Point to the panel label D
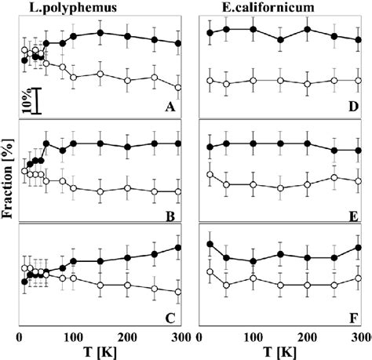[x=353, y=107]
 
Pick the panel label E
[x=353, y=212]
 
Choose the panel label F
[x=353, y=317]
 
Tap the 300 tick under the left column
[x=179, y=337]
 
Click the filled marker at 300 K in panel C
[x=180, y=248]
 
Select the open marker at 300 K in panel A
[x=180, y=87]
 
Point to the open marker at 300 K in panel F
[x=359, y=278]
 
